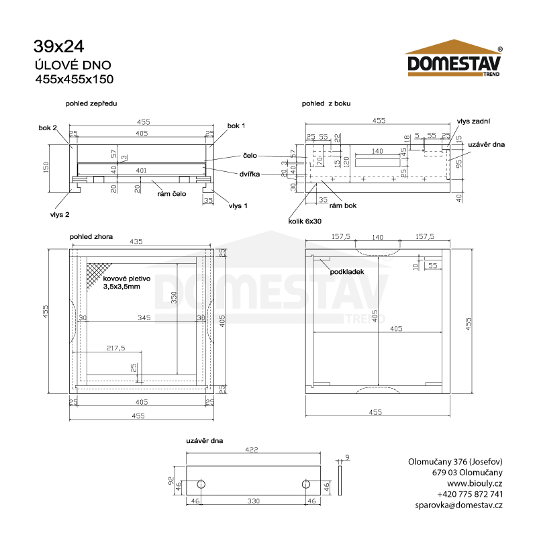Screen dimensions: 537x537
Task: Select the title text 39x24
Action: point(58,46)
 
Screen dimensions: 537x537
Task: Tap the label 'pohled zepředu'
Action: point(91,103)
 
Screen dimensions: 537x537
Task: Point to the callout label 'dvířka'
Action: point(249,174)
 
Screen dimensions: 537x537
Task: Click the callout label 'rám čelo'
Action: point(172,194)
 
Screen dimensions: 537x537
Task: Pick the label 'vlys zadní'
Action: point(473,121)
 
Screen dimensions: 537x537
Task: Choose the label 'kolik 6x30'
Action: point(305,222)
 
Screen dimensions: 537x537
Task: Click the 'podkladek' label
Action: point(347,272)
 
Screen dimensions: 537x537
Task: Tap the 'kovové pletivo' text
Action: point(127,279)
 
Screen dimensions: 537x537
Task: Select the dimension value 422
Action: point(251,450)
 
